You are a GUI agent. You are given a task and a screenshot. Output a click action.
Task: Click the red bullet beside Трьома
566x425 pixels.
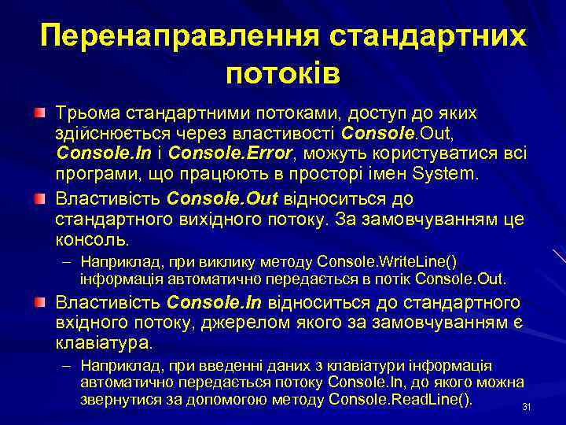point(39,115)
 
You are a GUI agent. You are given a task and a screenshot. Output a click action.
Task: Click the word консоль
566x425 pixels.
point(93,237)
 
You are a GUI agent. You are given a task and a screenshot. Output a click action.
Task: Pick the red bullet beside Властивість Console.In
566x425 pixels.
point(39,302)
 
